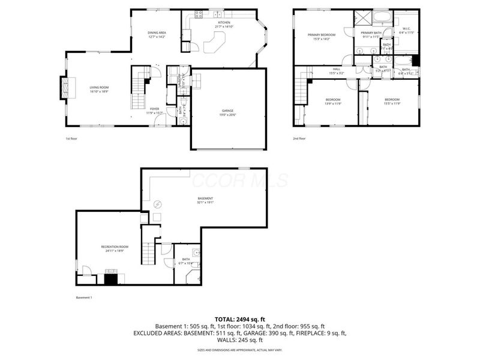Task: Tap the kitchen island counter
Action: tap(214, 43)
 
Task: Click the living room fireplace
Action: tap(64, 88)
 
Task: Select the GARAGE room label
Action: tap(228, 112)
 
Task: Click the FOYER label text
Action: tap(154, 110)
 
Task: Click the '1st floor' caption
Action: tap(71, 139)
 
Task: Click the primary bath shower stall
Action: tap(363, 17)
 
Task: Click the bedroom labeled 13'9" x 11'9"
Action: tap(333, 101)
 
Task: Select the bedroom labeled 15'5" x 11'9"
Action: tap(392, 101)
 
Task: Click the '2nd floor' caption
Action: tap(299, 139)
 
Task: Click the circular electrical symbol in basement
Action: tap(158, 203)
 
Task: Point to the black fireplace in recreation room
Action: tap(111, 278)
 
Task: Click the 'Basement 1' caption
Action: tap(84, 298)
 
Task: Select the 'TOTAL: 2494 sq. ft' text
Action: tap(239, 319)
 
